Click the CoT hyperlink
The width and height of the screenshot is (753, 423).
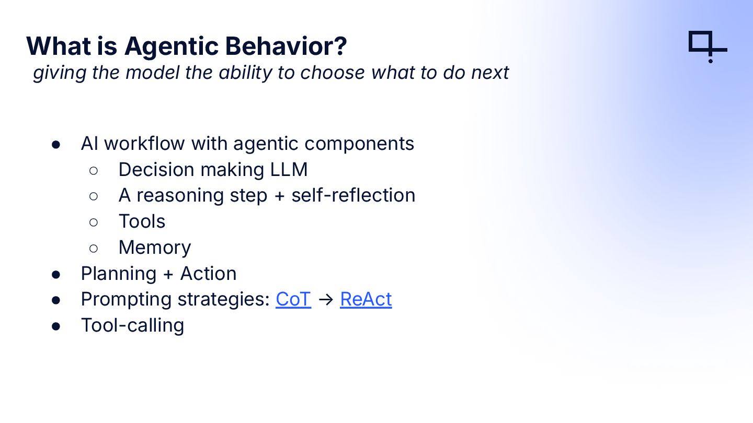(293, 299)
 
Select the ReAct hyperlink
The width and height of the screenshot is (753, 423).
(366, 299)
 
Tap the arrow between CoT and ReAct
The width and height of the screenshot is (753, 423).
(325, 299)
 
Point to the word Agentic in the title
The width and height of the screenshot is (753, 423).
(172, 46)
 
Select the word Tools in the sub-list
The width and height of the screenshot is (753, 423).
(142, 221)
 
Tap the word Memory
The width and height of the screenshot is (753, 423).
(155, 248)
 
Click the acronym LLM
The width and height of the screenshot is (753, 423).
(289, 170)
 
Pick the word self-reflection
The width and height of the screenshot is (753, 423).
(353, 195)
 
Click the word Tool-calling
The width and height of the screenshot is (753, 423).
(132, 326)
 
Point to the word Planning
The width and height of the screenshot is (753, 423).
(119, 274)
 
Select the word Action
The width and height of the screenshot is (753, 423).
(209, 273)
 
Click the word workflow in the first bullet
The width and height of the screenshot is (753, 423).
(144, 143)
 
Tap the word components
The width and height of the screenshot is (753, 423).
(359, 144)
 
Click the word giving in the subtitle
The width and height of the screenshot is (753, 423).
(60, 73)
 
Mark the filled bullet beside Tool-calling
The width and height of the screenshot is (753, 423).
(56, 326)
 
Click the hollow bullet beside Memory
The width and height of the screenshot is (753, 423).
(94, 249)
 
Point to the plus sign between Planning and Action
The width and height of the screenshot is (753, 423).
(168, 274)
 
